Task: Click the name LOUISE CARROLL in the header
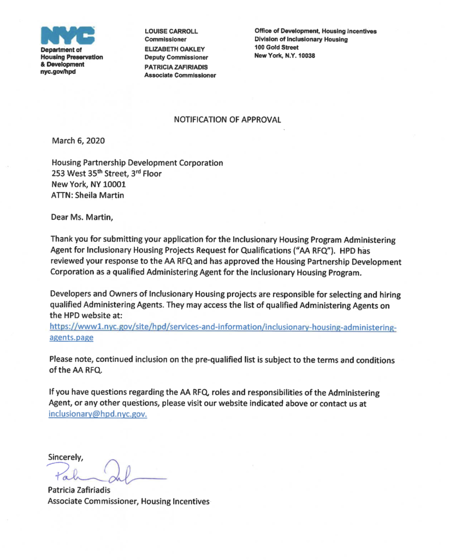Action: tap(170, 31)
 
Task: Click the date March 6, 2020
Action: tap(78, 141)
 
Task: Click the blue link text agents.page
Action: tap(71, 338)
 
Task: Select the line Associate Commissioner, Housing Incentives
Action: tap(128, 501)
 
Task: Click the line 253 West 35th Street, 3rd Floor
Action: tap(106, 174)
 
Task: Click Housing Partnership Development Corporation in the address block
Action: tap(137, 162)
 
